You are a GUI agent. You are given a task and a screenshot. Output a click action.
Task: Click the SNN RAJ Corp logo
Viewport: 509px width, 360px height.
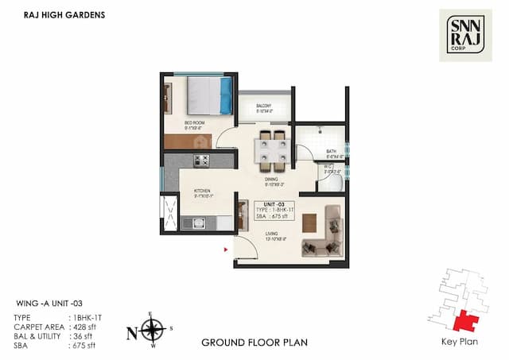tap(465, 35)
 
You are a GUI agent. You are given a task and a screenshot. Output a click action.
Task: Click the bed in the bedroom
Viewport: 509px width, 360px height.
tap(209, 96)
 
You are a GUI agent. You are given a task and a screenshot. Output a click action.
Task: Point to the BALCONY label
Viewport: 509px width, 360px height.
tap(264, 106)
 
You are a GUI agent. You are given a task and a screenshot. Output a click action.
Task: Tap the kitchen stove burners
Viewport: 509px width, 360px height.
tap(201, 161)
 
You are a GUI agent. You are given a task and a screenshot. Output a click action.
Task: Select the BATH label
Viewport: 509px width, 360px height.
tap(331, 152)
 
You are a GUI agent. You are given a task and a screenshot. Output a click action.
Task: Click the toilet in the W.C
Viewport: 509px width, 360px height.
tap(335, 184)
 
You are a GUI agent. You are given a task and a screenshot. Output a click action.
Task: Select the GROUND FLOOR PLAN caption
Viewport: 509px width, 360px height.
tap(254, 343)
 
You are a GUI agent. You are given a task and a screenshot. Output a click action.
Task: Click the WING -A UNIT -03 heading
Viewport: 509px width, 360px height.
tap(50, 304)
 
